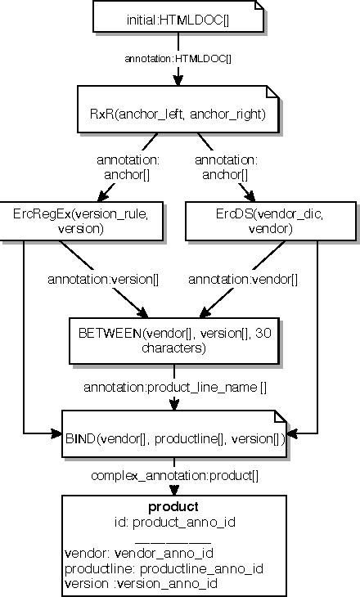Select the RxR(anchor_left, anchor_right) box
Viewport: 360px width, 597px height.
pos(178,114)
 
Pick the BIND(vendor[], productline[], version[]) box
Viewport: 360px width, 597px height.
pos(174,438)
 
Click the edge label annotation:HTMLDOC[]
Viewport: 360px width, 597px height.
pos(178,59)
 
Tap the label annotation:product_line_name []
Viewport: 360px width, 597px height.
pos(175,386)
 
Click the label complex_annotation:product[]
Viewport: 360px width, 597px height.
pos(173,476)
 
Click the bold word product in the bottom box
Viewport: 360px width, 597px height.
pos(173,507)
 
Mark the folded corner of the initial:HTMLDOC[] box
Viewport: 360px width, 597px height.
pos(256,7)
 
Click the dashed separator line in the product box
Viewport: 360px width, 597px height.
pos(173,539)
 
